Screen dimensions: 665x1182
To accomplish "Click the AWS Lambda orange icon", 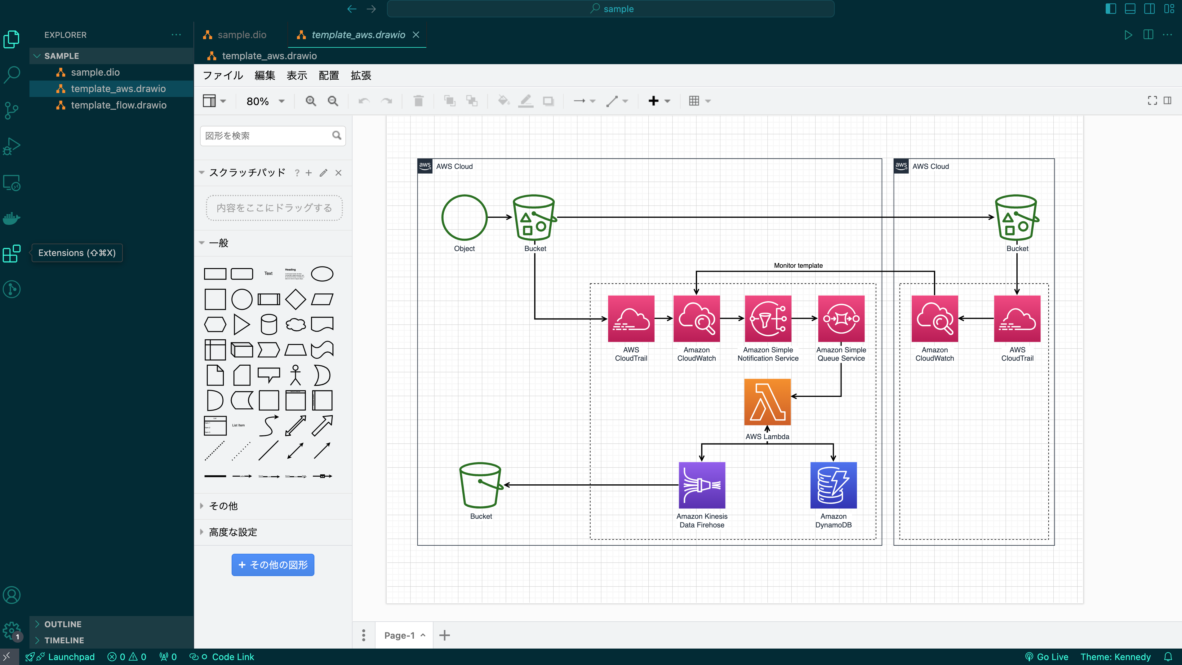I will coord(767,402).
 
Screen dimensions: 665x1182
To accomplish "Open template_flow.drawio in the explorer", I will coord(118,105).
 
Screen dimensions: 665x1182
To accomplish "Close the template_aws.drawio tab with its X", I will coord(416,35).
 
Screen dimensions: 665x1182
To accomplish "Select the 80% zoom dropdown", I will coord(265,101).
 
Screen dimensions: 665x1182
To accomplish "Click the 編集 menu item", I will coord(265,76).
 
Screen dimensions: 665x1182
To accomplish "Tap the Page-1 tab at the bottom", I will coord(399,635).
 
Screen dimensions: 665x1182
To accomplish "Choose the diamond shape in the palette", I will coord(295,299).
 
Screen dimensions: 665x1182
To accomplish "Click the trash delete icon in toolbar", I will coord(418,101).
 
